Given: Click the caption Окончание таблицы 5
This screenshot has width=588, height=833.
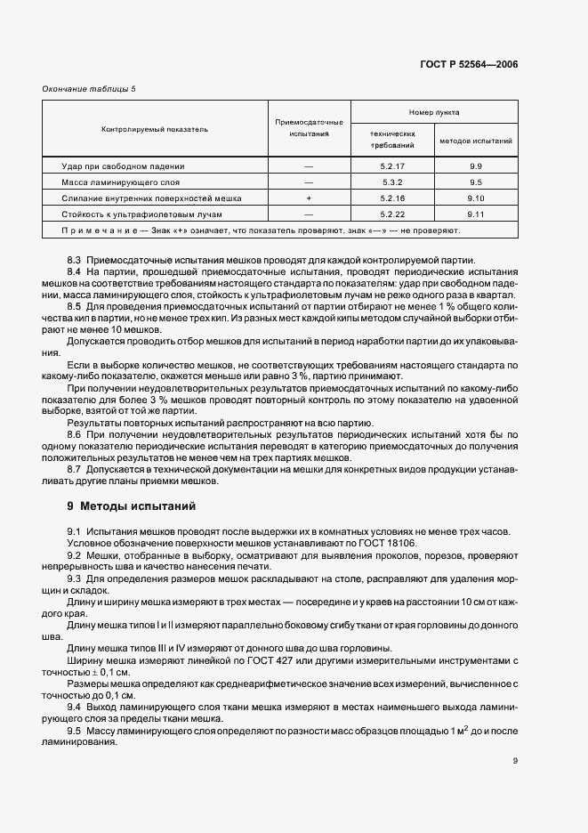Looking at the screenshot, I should (90, 89).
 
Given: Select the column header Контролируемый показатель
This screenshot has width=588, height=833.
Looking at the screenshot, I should (155, 129).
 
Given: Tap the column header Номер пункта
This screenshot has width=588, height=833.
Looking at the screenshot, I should (434, 113).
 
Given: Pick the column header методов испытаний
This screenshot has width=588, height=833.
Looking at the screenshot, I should (476, 141).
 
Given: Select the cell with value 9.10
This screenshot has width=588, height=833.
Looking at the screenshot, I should (476, 198).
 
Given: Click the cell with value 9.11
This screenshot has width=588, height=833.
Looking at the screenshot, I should (476, 214).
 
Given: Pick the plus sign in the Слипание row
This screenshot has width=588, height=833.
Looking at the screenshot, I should (309, 198).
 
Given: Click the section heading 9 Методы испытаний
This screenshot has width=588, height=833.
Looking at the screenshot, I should (131, 507).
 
